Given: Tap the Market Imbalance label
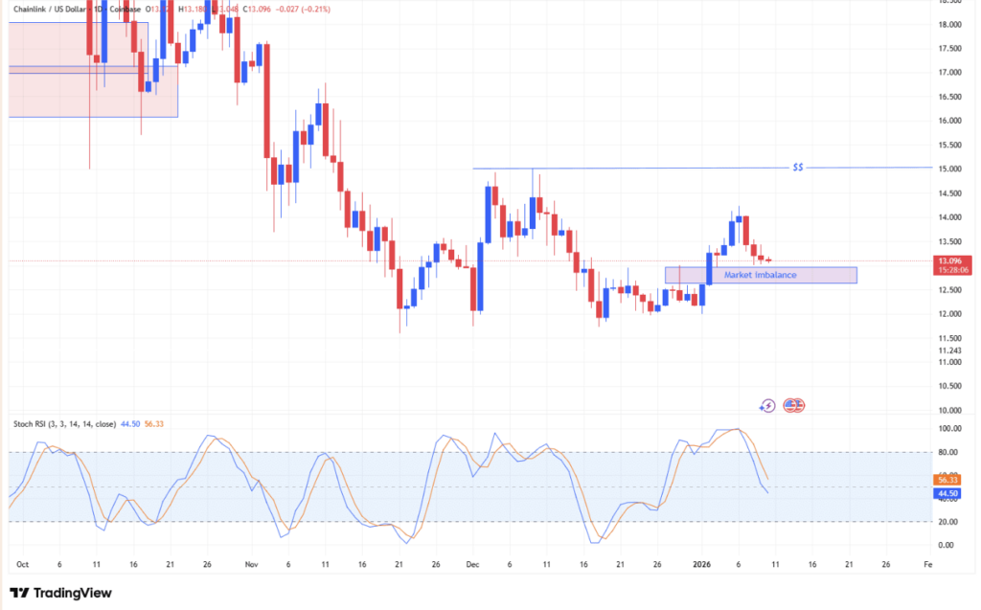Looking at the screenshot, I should (x=760, y=275).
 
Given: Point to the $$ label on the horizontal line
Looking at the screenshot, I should (x=798, y=168).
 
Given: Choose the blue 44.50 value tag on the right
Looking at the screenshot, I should (x=948, y=492).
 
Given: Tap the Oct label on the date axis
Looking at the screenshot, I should (x=23, y=565).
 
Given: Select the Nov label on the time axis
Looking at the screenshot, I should (x=252, y=565).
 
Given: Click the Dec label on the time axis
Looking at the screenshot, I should (x=471, y=565).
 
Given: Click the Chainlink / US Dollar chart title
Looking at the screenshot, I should (x=57, y=10).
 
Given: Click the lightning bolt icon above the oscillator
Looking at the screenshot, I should (x=766, y=406).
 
